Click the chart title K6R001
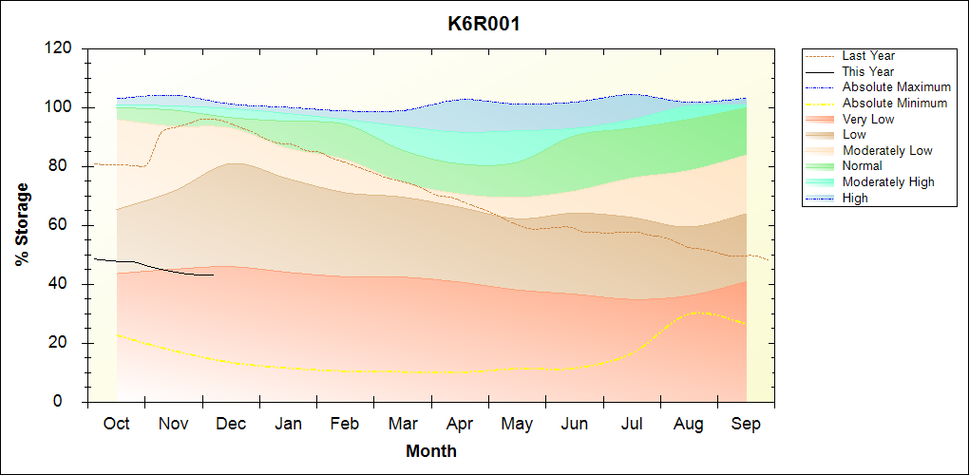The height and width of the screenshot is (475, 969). click(484, 24)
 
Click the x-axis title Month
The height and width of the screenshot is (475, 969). click(431, 450)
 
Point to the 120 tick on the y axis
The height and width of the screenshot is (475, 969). click(60, 48)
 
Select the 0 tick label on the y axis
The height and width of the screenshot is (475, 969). click(69, 402)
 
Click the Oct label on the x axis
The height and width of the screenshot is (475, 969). click(116, 424)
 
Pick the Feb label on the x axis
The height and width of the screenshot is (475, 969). click(345, 424)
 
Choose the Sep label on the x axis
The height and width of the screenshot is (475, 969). click(746, 424)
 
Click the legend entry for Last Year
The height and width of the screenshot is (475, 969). click(868, 56)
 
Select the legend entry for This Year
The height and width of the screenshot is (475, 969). click(868, 71)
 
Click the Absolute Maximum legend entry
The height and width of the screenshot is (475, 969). click(896, 87)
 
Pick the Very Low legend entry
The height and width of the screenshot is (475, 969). click(868, 119)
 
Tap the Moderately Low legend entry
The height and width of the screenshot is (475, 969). click(887, 150)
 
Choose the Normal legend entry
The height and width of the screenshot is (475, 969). click(862, 166)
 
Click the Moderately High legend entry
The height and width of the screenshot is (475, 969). click(888, 181)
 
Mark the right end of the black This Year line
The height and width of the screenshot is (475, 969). click(214, 275)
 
